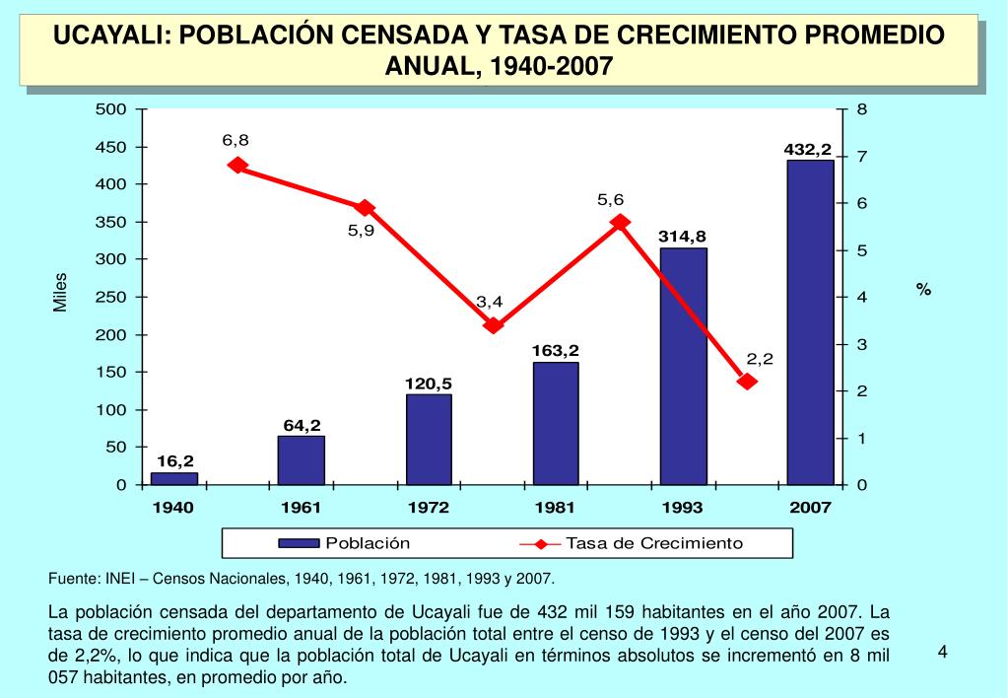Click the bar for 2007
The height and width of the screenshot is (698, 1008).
810,321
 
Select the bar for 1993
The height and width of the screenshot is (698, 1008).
683,366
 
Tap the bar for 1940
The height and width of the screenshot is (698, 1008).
173,478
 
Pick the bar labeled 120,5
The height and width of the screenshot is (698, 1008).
429,439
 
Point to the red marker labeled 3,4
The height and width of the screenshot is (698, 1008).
494,324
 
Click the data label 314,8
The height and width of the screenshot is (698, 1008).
683,237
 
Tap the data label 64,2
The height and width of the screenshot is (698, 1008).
302,425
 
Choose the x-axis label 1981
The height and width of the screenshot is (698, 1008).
555,508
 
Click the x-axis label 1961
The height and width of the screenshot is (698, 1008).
302,508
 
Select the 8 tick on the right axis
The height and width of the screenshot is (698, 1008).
861,109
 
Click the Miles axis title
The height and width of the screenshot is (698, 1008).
60,293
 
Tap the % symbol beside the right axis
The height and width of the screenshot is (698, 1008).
923,289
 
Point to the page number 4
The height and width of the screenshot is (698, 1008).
942,652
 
